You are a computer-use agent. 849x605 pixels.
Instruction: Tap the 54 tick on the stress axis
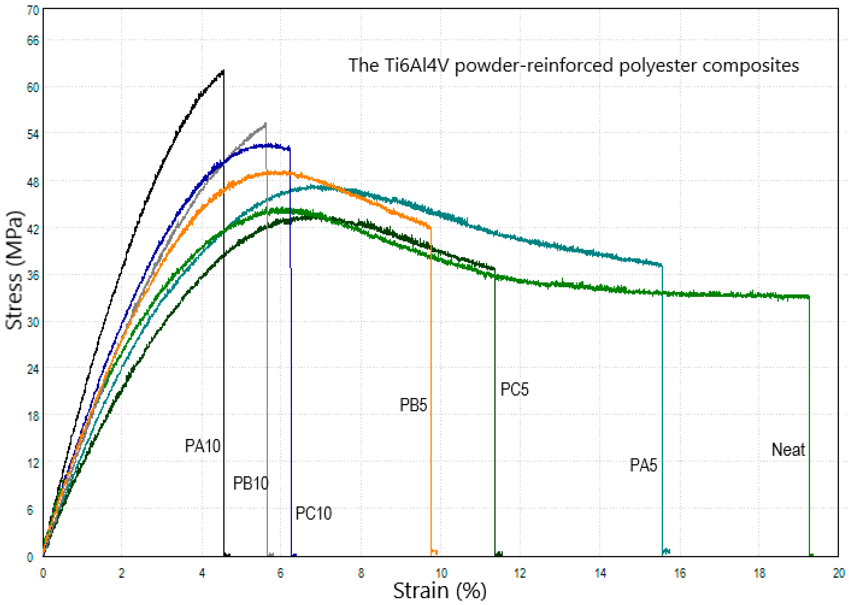coord(33,134)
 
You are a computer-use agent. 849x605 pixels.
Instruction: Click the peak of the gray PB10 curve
coord(265,123)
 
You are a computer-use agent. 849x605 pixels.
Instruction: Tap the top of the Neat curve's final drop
coord(809,297)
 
